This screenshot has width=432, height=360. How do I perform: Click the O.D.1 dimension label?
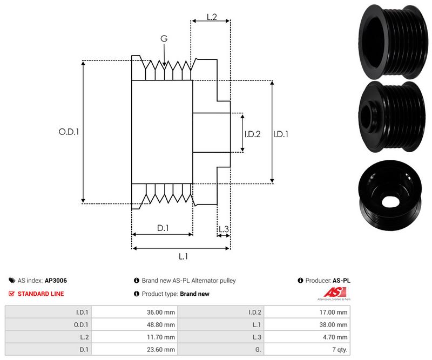click(69, 131)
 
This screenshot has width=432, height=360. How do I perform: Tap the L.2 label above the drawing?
click(212, 18)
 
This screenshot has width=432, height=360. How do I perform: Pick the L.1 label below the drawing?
click(183, 257)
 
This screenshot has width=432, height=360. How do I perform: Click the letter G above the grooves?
click(164, 38)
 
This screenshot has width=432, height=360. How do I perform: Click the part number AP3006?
click(56, 281)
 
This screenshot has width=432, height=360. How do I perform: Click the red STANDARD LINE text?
click(40, 294)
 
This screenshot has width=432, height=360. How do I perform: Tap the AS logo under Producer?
click(333, 294)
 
